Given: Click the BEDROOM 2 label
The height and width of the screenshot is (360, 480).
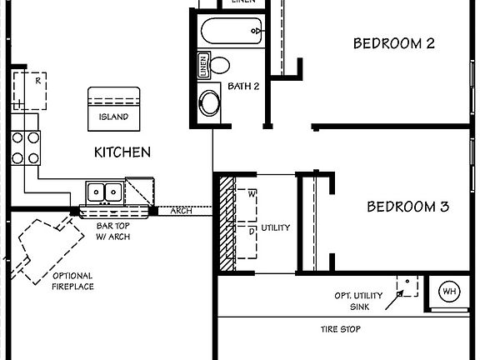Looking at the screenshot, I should (394, 43).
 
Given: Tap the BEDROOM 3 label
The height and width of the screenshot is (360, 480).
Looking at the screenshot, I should (407, 207).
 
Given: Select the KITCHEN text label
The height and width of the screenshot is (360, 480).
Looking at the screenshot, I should (122, 152).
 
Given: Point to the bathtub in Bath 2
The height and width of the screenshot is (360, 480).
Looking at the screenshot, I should (232, 32).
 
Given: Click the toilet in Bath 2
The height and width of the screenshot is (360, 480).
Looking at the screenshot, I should (220, 65).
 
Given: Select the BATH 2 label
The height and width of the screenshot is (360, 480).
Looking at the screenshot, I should (244, 86).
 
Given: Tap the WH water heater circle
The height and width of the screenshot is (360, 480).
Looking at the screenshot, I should (449, 291).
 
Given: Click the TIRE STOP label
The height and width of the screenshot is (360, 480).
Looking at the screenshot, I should (340, 329).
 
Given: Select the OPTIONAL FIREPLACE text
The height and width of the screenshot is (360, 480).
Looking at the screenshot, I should (73, 281).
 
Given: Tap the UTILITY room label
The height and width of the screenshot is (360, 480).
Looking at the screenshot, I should (276, 227).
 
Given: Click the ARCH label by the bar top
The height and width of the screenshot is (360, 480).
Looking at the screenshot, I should (181, 211).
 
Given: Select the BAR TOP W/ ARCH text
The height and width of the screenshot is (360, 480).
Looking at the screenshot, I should (113, 231).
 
